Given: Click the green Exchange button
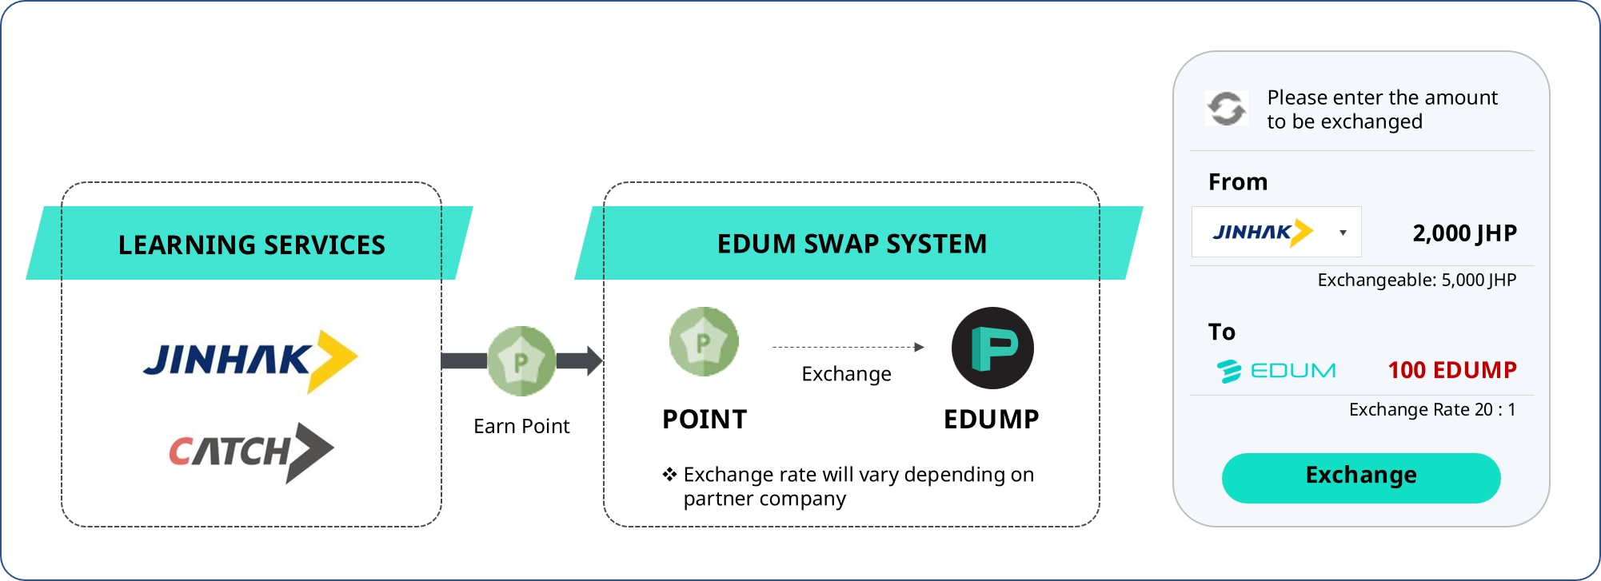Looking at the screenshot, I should (1360, 477).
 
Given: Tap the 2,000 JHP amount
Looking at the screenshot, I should (1464, 233).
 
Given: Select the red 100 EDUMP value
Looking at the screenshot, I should (1451, 370).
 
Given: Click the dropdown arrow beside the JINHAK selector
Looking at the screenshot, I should (1343, 233).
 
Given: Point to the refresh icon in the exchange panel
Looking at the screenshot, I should (1226, 108).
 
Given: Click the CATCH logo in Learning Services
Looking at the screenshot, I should (250, 452).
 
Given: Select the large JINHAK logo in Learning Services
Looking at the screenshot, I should (250, 360).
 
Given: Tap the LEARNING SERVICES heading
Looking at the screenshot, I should (251, 245).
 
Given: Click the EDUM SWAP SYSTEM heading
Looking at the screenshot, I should (852, 244).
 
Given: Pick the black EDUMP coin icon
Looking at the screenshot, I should (992, 348).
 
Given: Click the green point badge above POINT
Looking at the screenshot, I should (704, 342).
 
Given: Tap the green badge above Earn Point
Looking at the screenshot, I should (521, 361).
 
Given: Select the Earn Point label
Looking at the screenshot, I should (521, 426).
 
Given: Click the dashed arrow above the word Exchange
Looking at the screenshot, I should (848, 348).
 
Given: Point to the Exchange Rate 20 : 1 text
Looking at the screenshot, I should (1431, 410).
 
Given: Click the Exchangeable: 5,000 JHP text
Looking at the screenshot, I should (1416, 281).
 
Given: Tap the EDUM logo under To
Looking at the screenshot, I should (1276, 371).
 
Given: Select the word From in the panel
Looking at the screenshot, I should (1237, 182).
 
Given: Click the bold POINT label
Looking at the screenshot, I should (704, 420).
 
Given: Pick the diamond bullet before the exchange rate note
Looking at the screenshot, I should (669, 475).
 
